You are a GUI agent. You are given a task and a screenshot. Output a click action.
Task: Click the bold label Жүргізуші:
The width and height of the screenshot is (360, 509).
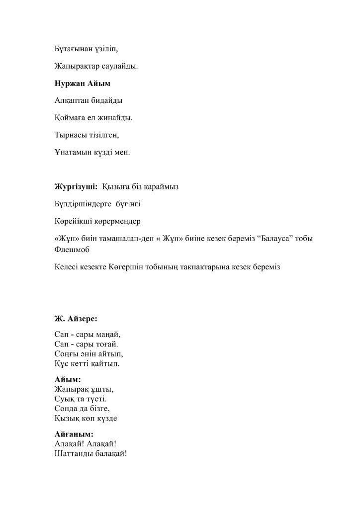76,186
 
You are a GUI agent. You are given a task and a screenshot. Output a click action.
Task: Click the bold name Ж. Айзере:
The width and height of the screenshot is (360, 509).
76,318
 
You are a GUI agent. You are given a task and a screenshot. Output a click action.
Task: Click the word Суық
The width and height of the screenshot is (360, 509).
65,399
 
